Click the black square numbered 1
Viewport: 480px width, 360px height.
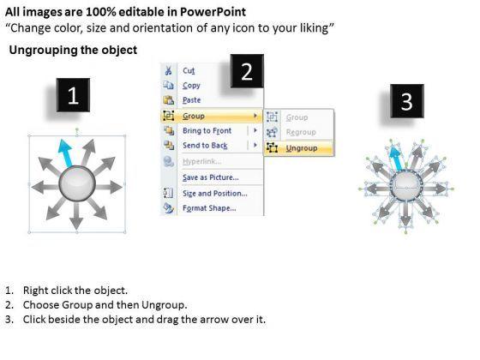73,95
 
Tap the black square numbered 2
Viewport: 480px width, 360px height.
247,71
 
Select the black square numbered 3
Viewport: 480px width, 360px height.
407,101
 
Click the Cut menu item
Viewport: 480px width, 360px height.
189,70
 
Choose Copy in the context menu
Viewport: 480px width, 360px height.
191,86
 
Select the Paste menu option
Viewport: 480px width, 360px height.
192,100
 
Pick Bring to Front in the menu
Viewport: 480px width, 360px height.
207,130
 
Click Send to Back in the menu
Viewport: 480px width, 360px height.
205,146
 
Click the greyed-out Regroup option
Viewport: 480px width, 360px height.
301,132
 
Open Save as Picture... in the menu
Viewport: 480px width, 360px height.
211,177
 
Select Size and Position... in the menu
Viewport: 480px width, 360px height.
215,194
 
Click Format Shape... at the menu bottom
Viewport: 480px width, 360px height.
209,208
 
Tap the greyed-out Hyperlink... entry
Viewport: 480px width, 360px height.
202,161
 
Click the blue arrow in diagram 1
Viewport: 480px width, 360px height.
66,153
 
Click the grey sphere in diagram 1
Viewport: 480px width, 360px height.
77,184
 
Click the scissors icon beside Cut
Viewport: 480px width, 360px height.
168,70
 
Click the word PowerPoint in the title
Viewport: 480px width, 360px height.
213,12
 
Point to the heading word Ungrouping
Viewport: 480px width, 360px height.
43,51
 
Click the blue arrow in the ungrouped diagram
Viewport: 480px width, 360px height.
395,158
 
